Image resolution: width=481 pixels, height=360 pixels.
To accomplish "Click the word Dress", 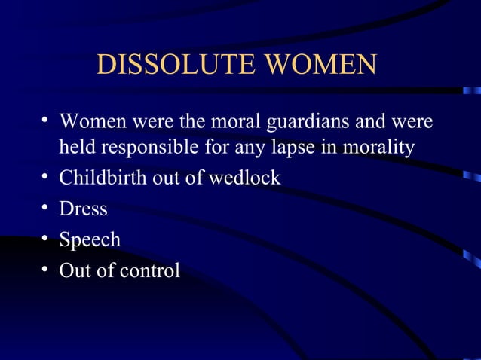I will pyautogui.click(x=83, y=209).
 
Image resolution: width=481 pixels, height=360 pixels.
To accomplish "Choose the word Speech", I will pyautogui.click(x=90, y=239).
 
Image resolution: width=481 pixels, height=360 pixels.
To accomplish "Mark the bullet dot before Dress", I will pyautogui.click(x=46, y=209).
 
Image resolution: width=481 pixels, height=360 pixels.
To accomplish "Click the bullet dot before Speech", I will pyautogui.click(x=46, y=239).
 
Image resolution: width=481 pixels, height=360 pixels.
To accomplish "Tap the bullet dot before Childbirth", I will pyautogui.click(x=46, y=178).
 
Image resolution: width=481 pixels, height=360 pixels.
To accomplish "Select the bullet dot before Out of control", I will pyautogui.click(x=46, y=270).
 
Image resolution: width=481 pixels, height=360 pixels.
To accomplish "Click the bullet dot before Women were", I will pyautogui.click(x=46, y=121).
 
